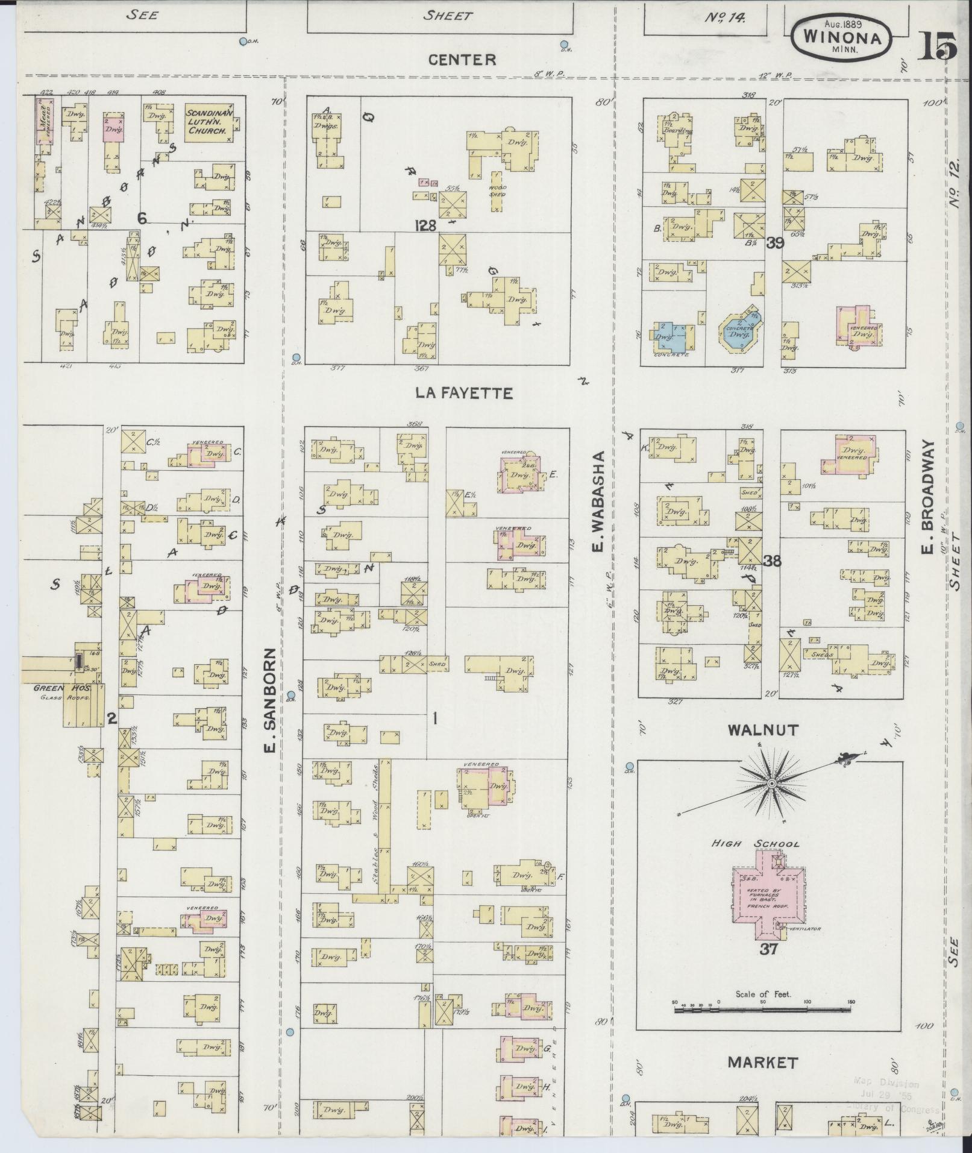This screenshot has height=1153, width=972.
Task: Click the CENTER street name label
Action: point(462,59)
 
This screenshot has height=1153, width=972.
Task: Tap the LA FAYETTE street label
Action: point(464,394)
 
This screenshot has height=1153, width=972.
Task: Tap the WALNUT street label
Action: point(762,730)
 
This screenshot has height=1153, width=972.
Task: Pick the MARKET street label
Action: point(762,1062)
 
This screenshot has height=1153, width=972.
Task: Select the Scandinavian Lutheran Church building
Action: point(209,122)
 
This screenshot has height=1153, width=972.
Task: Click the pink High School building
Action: point(766,902)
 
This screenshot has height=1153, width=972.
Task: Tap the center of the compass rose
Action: point(771,784)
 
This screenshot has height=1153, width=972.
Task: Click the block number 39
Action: point(774,243)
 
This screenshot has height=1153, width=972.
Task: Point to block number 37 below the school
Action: point(768,950)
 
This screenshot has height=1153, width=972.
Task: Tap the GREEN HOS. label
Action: point(53,688)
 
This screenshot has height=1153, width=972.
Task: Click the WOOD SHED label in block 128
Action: point(497,190)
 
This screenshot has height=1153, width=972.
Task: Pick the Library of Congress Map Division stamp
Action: point(895,1092)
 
